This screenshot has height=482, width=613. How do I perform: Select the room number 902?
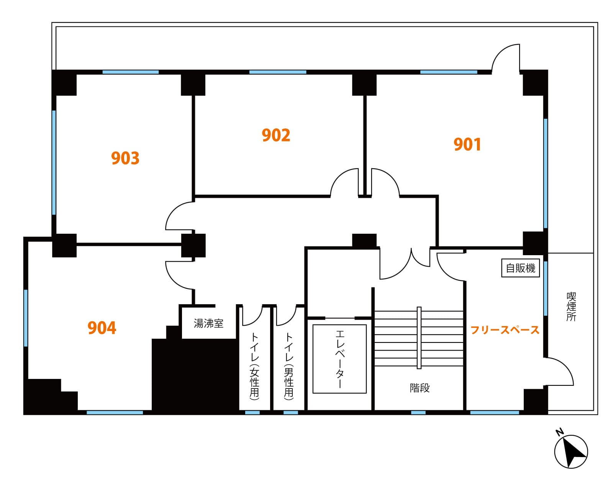(276, 135)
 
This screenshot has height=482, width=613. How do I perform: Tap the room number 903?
(125, 158)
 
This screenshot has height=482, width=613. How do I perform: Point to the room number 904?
(102, 328)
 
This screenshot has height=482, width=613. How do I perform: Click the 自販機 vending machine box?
(520, 268)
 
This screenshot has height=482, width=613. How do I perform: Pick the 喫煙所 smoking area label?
(571, 307)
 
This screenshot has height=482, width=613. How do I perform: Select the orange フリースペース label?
(505, 330)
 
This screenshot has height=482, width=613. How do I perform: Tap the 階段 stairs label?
(420, 388)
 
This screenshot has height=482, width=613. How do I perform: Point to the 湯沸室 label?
(208, 323)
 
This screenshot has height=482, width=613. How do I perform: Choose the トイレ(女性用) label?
(254, 366)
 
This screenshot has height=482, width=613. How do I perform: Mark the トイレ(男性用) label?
(288, 366)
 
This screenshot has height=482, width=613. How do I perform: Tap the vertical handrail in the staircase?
(419, 338)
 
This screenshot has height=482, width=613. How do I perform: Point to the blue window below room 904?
(115, 413)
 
